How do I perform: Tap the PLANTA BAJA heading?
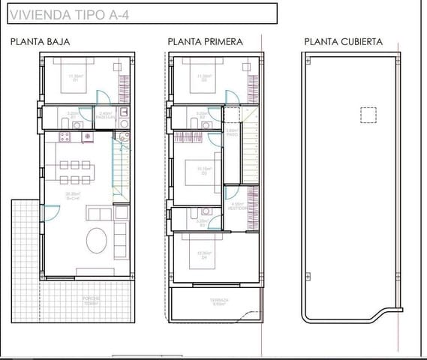click(41, 42)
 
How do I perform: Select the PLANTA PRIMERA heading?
click(205, 42)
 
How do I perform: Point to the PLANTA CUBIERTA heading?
click(343, 42)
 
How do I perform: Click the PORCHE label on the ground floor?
click(91, 299)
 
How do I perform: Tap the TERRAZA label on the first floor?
click(219, 300)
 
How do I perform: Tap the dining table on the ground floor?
click(74, 172)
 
